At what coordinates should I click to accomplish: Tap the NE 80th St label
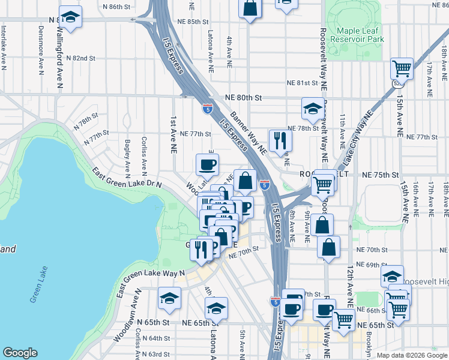pyautogui.click(x=244, y=97)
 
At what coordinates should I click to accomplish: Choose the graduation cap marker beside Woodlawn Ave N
pyautogui.click(x=170, y=298)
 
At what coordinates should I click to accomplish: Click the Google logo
pyautogui.click(x=20, y=353)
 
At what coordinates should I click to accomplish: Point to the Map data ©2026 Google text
pyautogui.click(x=412, y=355)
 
